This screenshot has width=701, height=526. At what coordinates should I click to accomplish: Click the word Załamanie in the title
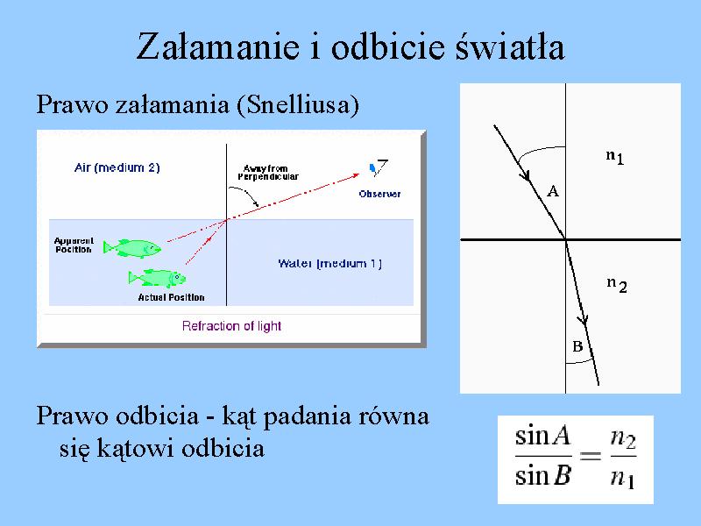(x=217, y=46)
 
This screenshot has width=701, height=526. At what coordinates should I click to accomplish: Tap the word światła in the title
(x=510, y=46)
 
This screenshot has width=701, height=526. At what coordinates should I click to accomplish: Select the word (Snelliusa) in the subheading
(x=298, y=105)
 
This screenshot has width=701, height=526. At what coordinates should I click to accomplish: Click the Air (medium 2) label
(x=117, y=167)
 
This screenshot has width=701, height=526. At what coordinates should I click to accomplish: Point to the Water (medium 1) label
(x=330, y=264)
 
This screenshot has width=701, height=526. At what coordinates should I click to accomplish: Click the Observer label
(x=379, y=194)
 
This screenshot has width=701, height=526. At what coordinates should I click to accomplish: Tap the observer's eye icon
(x=379, y=167)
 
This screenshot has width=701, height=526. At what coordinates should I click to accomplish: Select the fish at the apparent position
(x=132, y=248)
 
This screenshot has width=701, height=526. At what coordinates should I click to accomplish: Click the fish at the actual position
(x=157, y=278)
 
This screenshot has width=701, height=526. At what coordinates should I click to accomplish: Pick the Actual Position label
(x=171, y=297)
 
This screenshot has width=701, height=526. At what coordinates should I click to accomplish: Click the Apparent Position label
(x=74, y=245)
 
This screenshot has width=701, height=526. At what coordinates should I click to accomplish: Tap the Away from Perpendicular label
(x=268, y=173)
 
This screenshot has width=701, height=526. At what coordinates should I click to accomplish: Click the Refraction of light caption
(x=231, y=325)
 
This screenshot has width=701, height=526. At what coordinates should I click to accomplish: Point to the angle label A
(x=553, y=191)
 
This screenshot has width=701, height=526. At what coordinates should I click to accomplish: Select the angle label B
(x=577, y=346)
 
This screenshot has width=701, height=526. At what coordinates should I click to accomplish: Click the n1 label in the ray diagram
(x=615, y=157)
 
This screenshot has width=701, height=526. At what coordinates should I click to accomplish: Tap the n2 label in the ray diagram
(x=617, y=284)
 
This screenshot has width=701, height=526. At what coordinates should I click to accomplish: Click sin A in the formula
(x=542, y=435)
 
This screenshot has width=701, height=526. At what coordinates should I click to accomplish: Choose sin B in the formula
(x=542, y=475)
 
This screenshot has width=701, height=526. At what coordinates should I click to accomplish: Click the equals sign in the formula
(x=591, y=456)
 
